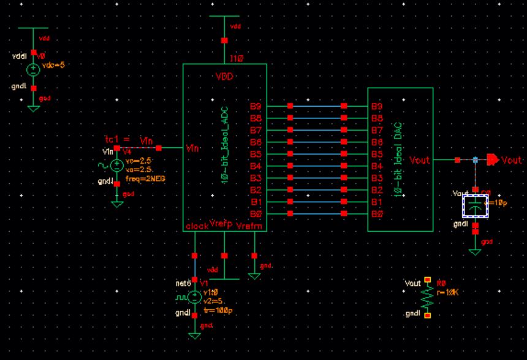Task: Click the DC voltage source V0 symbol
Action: pyautogui.click(x=34, y=70)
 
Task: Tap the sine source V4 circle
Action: pyautogui.click(x=117, y=164)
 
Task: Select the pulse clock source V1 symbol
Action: pyautogui.click(x=195, y=297)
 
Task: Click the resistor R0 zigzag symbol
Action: pyautogui.click(x=428, y=298)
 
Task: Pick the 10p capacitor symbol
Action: pyautogui.click(x=476, y=205)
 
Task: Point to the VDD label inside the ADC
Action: pyautogui.click(x=224, y=77)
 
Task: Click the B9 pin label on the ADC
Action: pyautogui.click(x=256, y=106)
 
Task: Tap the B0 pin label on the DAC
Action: pyautogui.click(x=377, y=213)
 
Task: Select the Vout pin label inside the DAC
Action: pyautogui.click(x=420, y=160)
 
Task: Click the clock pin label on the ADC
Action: pyautogui.click(x=196, y=226)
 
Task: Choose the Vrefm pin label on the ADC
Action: pyautogui.click(x=247, y=226)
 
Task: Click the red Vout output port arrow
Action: pyautogui.click(x=493, y=160)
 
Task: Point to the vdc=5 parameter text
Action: pyautogui.click(x=52, y=65)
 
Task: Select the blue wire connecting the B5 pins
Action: pyautogui.click(x=317, y=154)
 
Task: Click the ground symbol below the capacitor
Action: pyautogui.click(x=475, y=250)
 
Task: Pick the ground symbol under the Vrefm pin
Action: pyautogui.click(x=254, y=275)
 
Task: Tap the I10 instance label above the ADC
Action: pyautogui.click(x=237, y=59)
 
